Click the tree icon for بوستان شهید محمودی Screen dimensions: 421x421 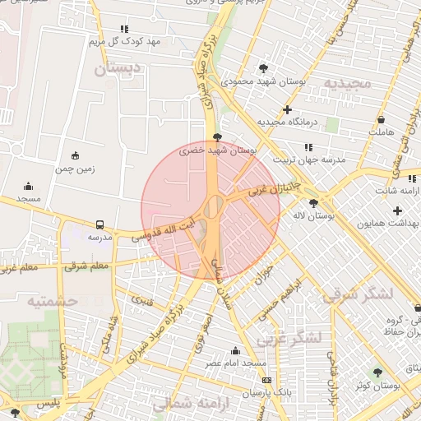click(263, 68)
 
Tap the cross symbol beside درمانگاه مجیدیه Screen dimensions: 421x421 click(287, 109)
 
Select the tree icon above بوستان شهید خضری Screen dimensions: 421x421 click(216, 137)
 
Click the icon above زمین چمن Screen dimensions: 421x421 click(76, 155)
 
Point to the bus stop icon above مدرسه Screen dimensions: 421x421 click(100, 224)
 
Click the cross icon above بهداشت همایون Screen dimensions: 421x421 click(397, 210)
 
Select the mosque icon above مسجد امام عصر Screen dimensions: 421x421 click(237, 351)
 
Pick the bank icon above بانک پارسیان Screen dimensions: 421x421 click(266, 380)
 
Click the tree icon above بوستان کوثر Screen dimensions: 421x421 click(377, 372)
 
